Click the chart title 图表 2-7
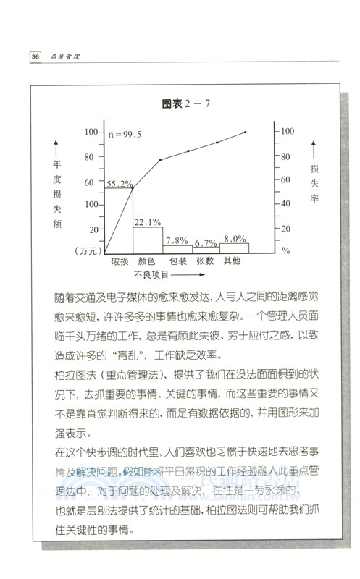pyautogui.click(x=185, y=103)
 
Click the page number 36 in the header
pyautogui.click(x=34, y=56)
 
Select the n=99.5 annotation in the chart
pyautogui.click(x=125, y=135)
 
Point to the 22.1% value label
pyautogui.click(x=148, y=221)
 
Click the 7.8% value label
pyautogui.click(x=177, y=240)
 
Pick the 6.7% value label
pyautogui.click(x=206, y=242)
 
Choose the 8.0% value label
pyautogui.click(x=234, y=238)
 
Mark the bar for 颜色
pyautogui.click(x=148, y=239)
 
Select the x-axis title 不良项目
pyautogui.click(x=151, y=275)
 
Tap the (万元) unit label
pyautogui.click(x=86, y=250)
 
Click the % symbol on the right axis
pyautogui.click(x=285, y=251)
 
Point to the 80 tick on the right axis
pyautogui.click(x=288, y=156)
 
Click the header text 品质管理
pyautogui.click(x=64, y=56)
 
